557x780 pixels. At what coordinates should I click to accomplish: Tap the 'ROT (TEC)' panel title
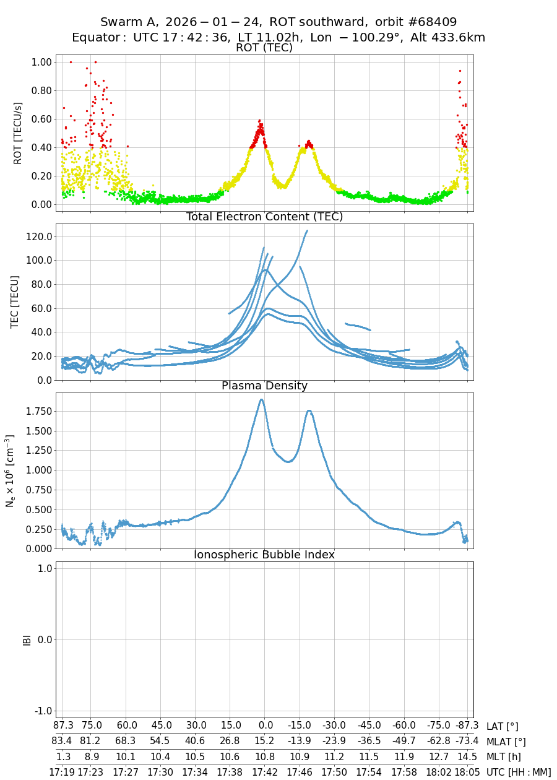pyautogui.click(x=264, y=48)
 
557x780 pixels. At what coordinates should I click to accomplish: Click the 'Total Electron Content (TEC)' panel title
pyautogui.click(x=264, y=217)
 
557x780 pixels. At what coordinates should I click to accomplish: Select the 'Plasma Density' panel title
pyautogui.click(x=264, y=386)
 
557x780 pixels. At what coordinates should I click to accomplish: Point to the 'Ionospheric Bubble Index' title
pyautogui.click(x=264, y=555)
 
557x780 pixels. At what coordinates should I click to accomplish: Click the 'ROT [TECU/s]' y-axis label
pyautogui.click(x=18, y=133)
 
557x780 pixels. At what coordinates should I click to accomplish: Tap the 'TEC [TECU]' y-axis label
pyautogui.click(x=15, y=301)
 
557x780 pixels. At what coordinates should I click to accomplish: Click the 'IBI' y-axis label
pyautogui.click(x=27, y=639)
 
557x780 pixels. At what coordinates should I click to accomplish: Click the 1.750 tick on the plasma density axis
pyautogui.click(x=37, y=411)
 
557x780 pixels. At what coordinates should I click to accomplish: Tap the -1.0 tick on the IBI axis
pyautogui.click(x=41, y=711)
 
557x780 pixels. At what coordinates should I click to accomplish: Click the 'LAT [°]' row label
pyautogui.click(x=503, y=726)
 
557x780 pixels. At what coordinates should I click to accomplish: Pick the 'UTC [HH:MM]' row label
pyautogui.click(x=519, y=772)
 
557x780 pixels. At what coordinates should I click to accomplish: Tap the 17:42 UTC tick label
pyautogui.click(x=265, y=772)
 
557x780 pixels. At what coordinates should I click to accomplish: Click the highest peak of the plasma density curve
pyautogui.click(x=262, y=399)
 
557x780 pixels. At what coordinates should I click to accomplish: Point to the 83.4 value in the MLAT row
pyautogui.click(x=62, y=742)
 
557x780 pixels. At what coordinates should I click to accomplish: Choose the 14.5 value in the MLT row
pyautogui.click(x=467, y=756)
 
